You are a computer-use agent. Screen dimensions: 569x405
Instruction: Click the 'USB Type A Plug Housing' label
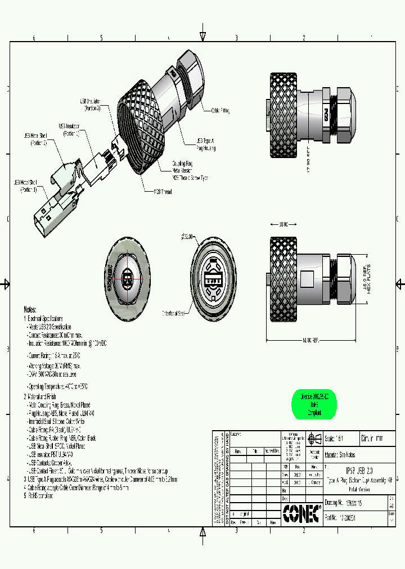(x=206, y=144)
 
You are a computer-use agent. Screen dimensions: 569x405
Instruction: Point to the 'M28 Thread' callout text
(x=163, y=192)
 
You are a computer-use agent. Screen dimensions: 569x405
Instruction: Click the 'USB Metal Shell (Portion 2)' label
(x=35, y=139)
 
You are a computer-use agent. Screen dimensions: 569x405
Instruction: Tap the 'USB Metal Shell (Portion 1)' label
(x=25, y=186)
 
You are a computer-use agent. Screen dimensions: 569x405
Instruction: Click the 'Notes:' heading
(x=30, y=310)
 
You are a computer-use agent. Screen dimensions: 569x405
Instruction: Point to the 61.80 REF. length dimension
(x=308, y=340)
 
